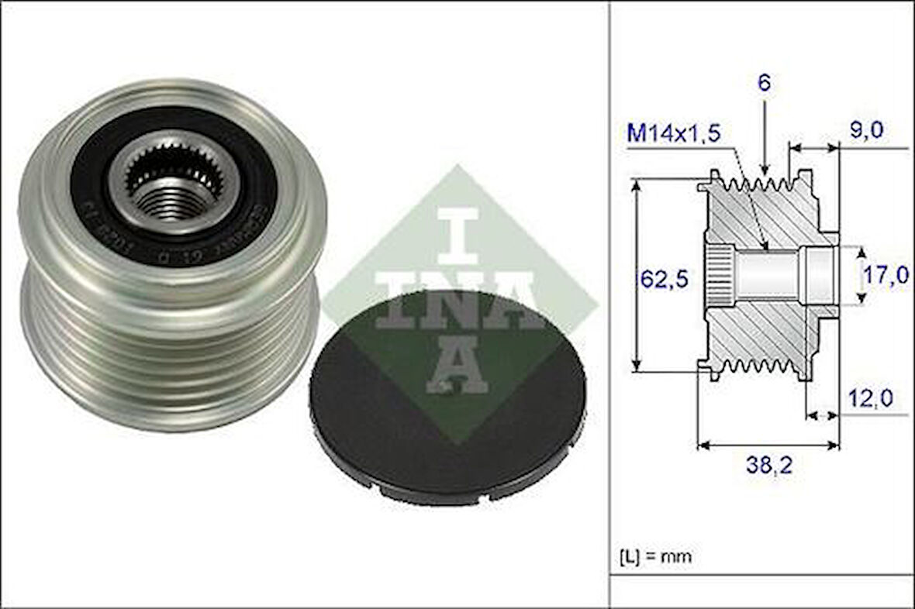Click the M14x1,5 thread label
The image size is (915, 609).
[673, 133]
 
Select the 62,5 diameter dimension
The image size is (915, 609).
[664, 277]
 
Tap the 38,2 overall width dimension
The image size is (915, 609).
[768, 466]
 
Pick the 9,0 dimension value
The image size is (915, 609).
[865, 130]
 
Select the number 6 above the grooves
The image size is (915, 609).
[765, 84]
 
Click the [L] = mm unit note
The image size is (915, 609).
[655, 556]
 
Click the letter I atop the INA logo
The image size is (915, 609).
[460, 236]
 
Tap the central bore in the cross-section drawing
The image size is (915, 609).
[768, 276]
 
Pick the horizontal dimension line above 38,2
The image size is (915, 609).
[768, 446]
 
